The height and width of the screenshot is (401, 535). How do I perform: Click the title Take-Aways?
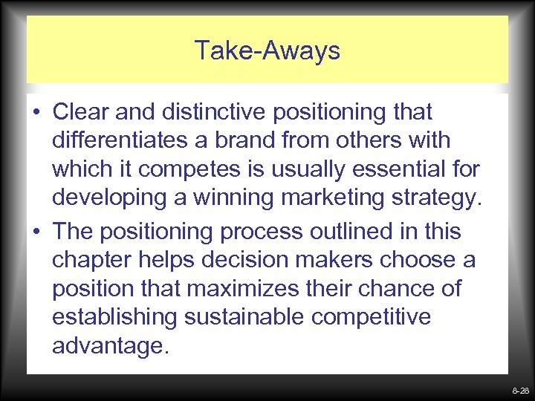pos(267,50)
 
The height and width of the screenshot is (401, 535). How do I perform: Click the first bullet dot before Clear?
pos(36,114)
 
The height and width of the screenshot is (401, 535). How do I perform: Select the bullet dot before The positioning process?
pos(36,232)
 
